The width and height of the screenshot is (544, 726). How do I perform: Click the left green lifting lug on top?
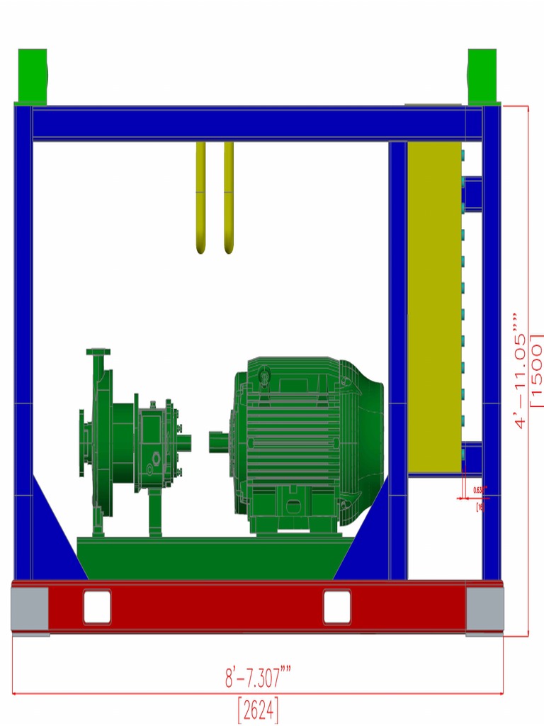click(x=32, y=76)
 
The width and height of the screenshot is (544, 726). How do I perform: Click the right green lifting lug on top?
click(x=482, y=76)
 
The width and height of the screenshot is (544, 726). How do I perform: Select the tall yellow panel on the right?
click(x=434, y=305)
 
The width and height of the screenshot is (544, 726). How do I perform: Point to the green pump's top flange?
click(x=98, y=352)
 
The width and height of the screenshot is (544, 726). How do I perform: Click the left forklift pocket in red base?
click(x=97, y=607)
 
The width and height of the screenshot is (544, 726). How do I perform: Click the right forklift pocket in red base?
click(x=337, y=607)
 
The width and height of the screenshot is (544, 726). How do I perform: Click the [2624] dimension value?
click(x=258, y=709)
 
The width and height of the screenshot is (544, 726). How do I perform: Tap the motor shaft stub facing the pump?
click(x=220, y=442)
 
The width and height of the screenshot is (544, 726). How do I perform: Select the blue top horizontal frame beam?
click(x=248, y=123)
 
